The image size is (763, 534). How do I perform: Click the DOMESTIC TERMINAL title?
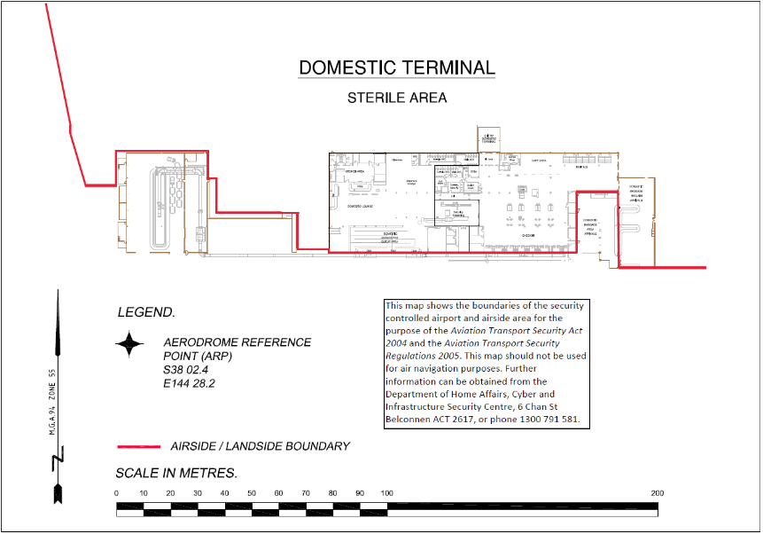click(396, 68)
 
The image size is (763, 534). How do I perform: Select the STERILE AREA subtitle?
click(396, 98)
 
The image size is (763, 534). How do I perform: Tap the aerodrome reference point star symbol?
click(130, 344)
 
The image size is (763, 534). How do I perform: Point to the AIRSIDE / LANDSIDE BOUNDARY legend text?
click(260, 446)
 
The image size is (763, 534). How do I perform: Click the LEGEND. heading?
click(146, 312)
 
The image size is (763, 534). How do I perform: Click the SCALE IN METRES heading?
click(176, 473)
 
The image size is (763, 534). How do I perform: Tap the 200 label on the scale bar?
click(657, 493)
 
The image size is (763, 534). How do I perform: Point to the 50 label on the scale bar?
click(252, 493)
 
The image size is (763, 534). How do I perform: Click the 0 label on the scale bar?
click(117, 493)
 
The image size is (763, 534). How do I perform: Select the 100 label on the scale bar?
click(386, 493)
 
